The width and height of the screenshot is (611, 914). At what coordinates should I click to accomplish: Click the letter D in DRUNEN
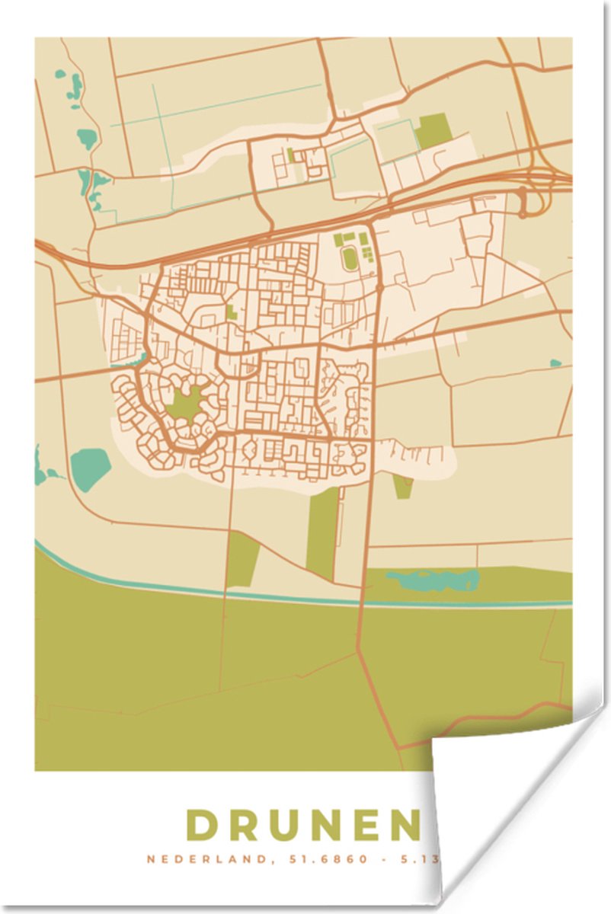[203, 826]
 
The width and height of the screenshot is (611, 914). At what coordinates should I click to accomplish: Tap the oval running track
[350, 259]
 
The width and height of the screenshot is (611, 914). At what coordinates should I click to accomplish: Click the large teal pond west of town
[91, 468]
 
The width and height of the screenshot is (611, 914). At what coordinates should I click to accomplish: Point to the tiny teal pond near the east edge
[555, 363]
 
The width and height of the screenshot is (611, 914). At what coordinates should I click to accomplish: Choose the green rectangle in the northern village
[433, 130]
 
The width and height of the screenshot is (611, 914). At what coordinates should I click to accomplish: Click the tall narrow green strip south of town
[323, 533]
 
